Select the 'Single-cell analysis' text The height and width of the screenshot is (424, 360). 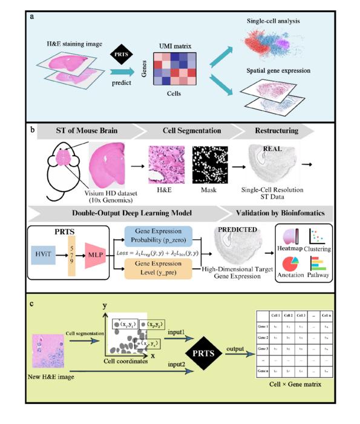[273, 22]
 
